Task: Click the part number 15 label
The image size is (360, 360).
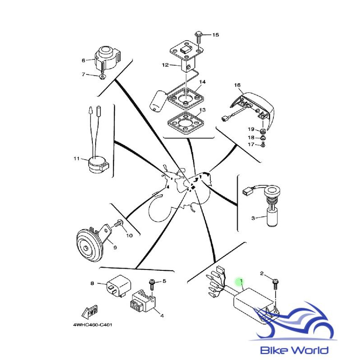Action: click(x=215, y=35)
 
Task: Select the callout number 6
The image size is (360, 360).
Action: click(x=83, y=60)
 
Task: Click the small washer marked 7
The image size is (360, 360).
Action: click(x=103, y=77)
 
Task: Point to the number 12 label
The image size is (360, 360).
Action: click(x=165, y=65)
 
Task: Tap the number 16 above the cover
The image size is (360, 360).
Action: click(x=237, y=85)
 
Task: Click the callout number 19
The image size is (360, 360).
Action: click(x=250, y=129)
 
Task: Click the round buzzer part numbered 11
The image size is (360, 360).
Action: click(x=97, y=164)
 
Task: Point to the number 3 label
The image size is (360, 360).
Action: click(x=253, y=218)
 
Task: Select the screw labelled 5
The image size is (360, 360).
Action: click(x=151, y=283)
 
